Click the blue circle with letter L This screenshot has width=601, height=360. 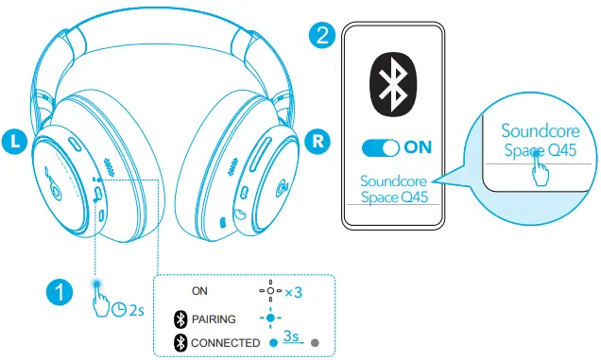(x=14, y=142)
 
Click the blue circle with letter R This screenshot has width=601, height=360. (x=318, y=141)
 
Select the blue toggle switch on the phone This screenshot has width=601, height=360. (x=380, y=147)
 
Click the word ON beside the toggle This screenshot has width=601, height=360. (x=417, y=147)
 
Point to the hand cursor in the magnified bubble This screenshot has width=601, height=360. (x=541, y=170)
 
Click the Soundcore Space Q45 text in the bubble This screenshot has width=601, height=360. (x=538, y=140)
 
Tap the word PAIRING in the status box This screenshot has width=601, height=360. (x=214, y=318)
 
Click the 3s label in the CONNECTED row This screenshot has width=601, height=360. (x=294, y=337)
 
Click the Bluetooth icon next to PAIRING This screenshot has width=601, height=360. (x=180, y=318)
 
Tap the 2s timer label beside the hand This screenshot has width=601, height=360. (x=131, y=308)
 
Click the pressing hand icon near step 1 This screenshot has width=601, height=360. (x=102, y=301)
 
